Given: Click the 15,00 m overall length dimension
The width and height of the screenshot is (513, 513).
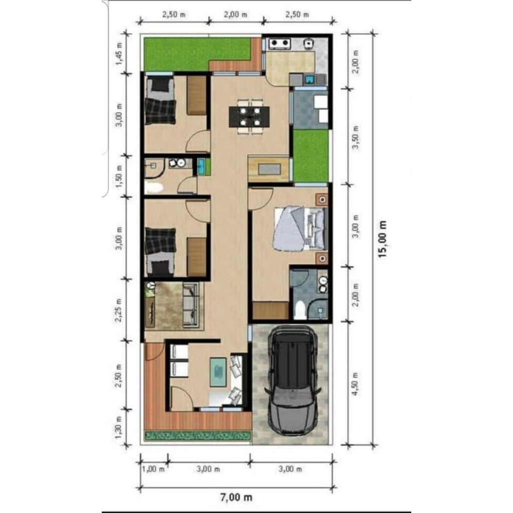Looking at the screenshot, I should (383, 239).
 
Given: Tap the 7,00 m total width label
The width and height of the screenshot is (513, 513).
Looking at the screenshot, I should (236, 497).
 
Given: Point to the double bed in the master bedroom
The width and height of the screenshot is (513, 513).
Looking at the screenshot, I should (299, 228).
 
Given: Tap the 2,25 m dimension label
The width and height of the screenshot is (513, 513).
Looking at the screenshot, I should (119, 311).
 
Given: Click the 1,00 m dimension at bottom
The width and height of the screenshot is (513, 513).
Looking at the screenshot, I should (153, 469).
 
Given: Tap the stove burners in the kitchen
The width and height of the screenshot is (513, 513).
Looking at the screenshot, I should (280, 44).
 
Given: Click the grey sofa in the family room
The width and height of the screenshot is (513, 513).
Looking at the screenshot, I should (190, 305).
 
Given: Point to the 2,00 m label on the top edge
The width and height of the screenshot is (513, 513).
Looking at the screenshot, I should (235, 15).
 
